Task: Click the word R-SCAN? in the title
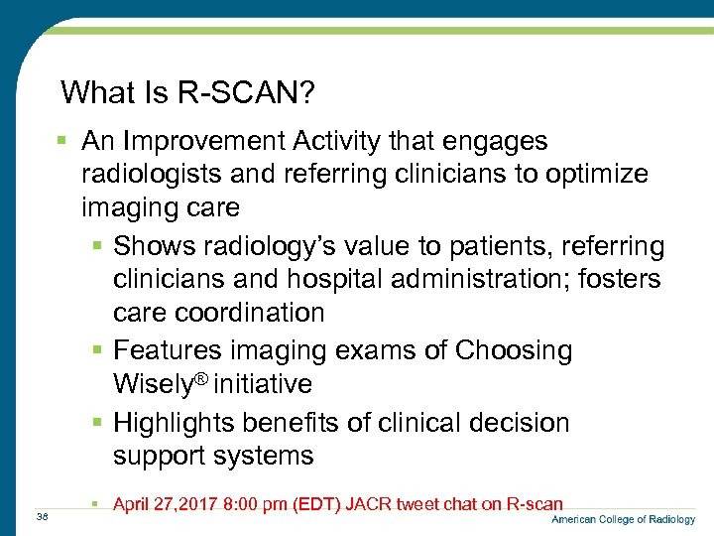click(x=247, y=93)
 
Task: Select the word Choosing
click(x=513, y=350)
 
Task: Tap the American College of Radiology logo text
click(x=623, y=520)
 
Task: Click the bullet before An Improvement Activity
click(x=62, y=141)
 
